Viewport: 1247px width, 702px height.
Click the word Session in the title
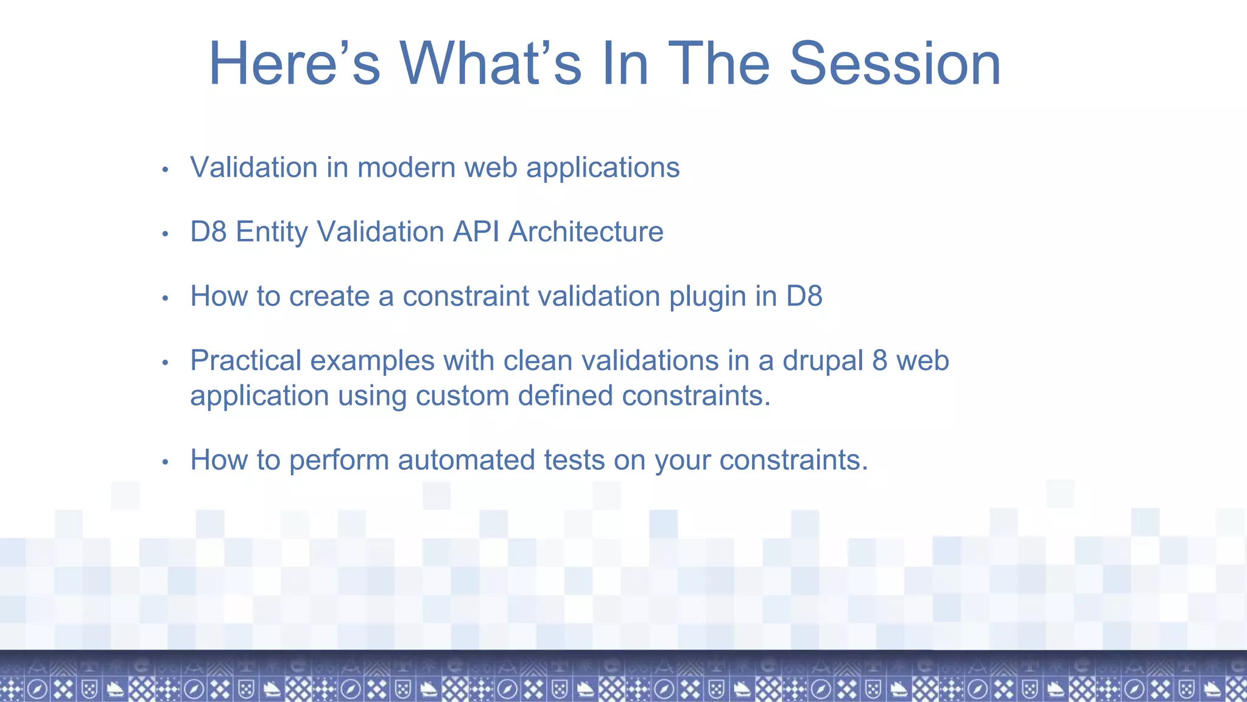[x=894, y=63]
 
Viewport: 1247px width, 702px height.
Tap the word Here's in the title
[x=294, y=63]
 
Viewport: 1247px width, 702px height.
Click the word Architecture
[x=586, y=232]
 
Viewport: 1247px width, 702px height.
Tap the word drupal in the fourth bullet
[x=823, y=361]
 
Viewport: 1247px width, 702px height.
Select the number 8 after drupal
[x=879, y=361]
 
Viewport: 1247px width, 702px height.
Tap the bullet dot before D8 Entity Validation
[x=165, y=234]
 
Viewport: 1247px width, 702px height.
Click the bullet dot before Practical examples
[x=165, y=363]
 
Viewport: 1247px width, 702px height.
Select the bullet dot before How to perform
[x=165, y=463]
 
